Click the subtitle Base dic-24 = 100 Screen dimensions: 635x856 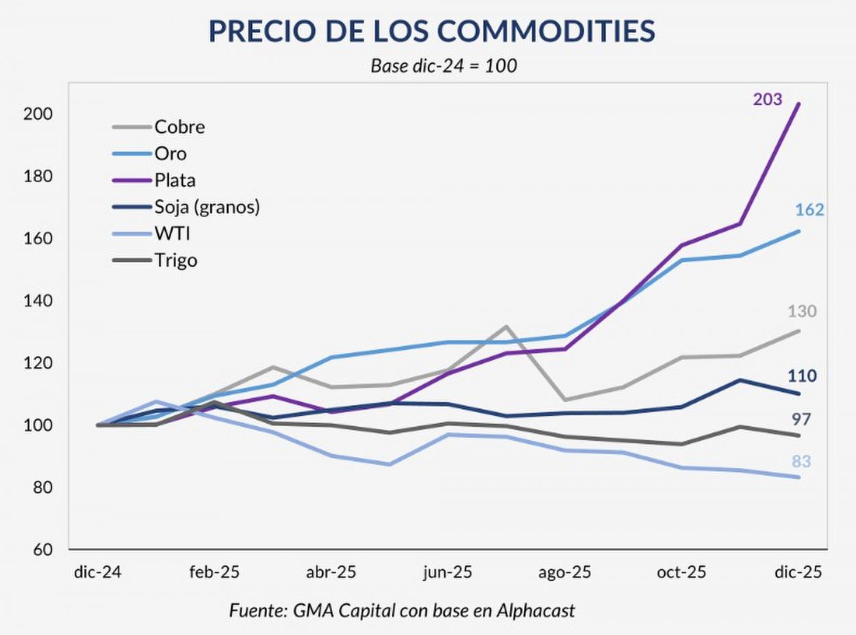[443, 66]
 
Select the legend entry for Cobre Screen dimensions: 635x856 [179, 127]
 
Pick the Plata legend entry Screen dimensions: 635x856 [175, 180]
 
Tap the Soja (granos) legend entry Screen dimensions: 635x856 [207, 206]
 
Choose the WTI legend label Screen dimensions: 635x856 [172, 234]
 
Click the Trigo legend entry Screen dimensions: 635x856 [176, 260]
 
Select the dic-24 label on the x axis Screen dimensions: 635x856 [97, 573]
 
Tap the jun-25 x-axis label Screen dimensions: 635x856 [448, 573]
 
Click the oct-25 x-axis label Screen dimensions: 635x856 [681, 573]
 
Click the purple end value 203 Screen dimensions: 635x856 [768, 99]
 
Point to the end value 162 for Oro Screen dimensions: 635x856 [809, 210]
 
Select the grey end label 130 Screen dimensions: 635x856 [802, 312]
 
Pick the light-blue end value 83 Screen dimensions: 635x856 [801, 462]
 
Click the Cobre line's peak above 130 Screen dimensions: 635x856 [505, 327]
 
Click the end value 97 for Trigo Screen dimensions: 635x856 [801, 419]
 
